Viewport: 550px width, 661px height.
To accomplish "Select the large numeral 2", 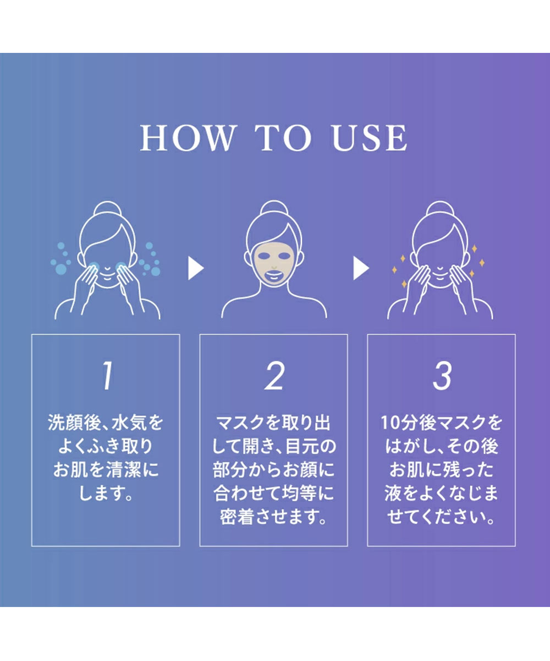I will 274,377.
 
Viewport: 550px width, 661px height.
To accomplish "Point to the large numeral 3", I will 442,377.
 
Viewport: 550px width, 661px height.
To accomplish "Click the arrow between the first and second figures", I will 195,269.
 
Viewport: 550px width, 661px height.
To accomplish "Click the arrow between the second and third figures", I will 361,269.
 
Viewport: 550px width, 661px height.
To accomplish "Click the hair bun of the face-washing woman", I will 107,210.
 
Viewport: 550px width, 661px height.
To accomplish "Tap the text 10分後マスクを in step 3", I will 442,424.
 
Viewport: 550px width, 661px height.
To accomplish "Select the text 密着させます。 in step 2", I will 274,517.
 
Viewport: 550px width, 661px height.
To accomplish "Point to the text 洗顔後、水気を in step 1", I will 106,424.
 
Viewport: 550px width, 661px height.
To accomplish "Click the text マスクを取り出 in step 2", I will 274,424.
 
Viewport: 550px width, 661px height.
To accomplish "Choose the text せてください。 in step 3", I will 442,517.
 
